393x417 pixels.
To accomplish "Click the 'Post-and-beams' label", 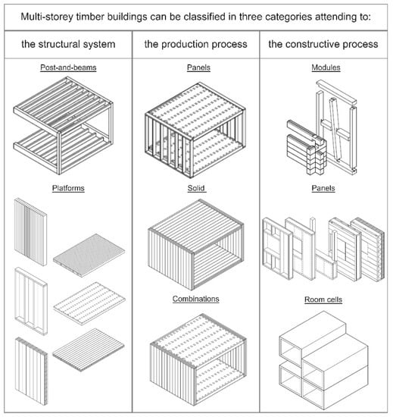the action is (68, 67).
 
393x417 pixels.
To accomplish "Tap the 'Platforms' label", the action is (68, 188).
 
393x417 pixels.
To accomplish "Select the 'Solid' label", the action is (196, 188).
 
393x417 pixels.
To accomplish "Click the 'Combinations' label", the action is (196, 299).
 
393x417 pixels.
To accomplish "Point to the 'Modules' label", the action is (326, 67).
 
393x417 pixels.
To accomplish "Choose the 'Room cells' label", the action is (323, 299).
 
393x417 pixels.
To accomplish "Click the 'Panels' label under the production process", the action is (198, 67).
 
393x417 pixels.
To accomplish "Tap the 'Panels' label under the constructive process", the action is (323, 188).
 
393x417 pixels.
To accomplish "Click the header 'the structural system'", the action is (68, 44).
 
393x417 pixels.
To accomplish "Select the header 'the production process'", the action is (195, 44).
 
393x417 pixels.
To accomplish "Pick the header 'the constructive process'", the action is (323, 44).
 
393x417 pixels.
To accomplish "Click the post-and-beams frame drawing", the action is (64, 126).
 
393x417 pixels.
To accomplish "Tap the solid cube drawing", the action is (196, 245).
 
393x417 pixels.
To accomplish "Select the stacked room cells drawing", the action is (323, 360).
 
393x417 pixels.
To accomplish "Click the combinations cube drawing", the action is (198, 359).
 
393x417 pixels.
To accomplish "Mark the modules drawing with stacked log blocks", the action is (322, 127).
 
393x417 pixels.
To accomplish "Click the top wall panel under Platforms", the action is (30, 232).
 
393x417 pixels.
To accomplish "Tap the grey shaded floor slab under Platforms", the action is (89, 256).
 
